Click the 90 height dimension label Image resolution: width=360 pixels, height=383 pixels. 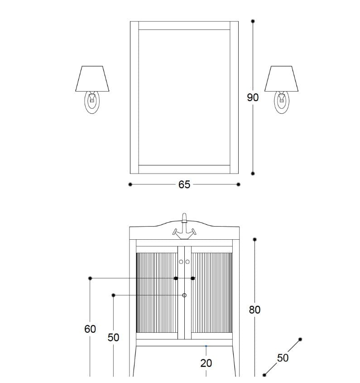point(253,97)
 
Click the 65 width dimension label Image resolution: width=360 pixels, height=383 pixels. point(184,184)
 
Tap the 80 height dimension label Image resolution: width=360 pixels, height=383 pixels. point(254,310)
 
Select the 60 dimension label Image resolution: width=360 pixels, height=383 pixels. point(90,329)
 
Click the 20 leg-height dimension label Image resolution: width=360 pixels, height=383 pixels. point(206,363)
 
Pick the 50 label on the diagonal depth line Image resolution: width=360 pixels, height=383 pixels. point(283,358)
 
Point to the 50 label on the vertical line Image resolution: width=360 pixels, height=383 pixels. point(113,338)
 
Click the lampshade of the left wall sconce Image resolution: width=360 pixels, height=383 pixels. point(93,79)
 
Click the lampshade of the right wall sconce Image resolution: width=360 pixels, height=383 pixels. point(281,79)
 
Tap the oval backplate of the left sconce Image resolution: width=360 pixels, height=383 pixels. point(92,102)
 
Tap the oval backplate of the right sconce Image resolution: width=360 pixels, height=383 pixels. point(281,102)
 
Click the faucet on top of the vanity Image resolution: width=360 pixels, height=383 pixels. point(184,227)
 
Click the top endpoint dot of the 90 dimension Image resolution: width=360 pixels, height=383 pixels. point(253,21)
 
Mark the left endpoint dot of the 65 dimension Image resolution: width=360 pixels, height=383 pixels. point(130,184)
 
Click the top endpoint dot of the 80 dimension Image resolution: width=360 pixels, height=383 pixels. point(255,239)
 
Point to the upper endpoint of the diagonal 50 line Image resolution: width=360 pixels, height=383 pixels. point(300,339)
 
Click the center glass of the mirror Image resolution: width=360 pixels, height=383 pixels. point(184,97)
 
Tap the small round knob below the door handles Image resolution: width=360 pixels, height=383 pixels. point(184,296)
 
